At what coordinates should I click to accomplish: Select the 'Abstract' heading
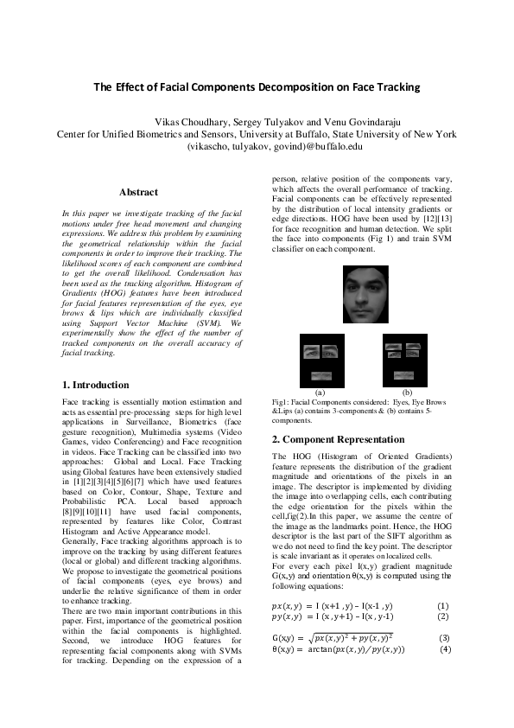[138, 192]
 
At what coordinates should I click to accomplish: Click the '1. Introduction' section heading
[97, 385]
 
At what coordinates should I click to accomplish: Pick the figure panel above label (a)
[322, 361]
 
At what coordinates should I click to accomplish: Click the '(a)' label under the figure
[321, 392]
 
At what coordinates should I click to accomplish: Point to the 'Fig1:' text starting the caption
[282, 402]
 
